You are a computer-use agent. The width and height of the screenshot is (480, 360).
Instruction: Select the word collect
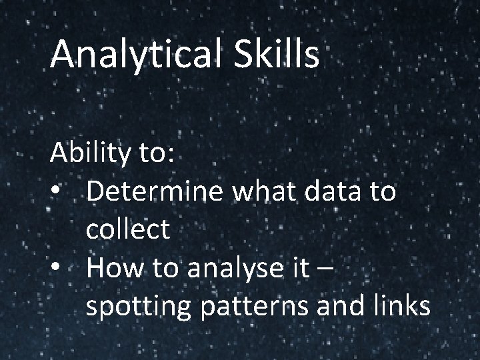click(x=128, y=230)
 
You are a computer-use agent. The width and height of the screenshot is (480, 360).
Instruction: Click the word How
click(x=111, y=268)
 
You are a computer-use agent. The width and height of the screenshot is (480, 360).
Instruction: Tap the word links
click(x=400, y=306)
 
